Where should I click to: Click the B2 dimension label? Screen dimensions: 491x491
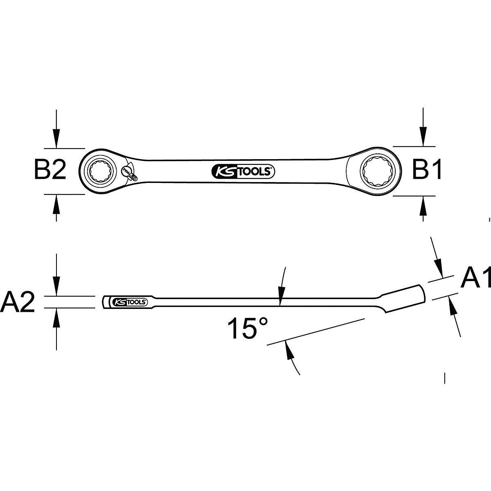[50, 171]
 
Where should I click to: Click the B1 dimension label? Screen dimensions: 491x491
[427, 170]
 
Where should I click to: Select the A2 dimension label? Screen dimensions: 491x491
[18, 302]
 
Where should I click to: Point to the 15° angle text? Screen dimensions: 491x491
[248, 328]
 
